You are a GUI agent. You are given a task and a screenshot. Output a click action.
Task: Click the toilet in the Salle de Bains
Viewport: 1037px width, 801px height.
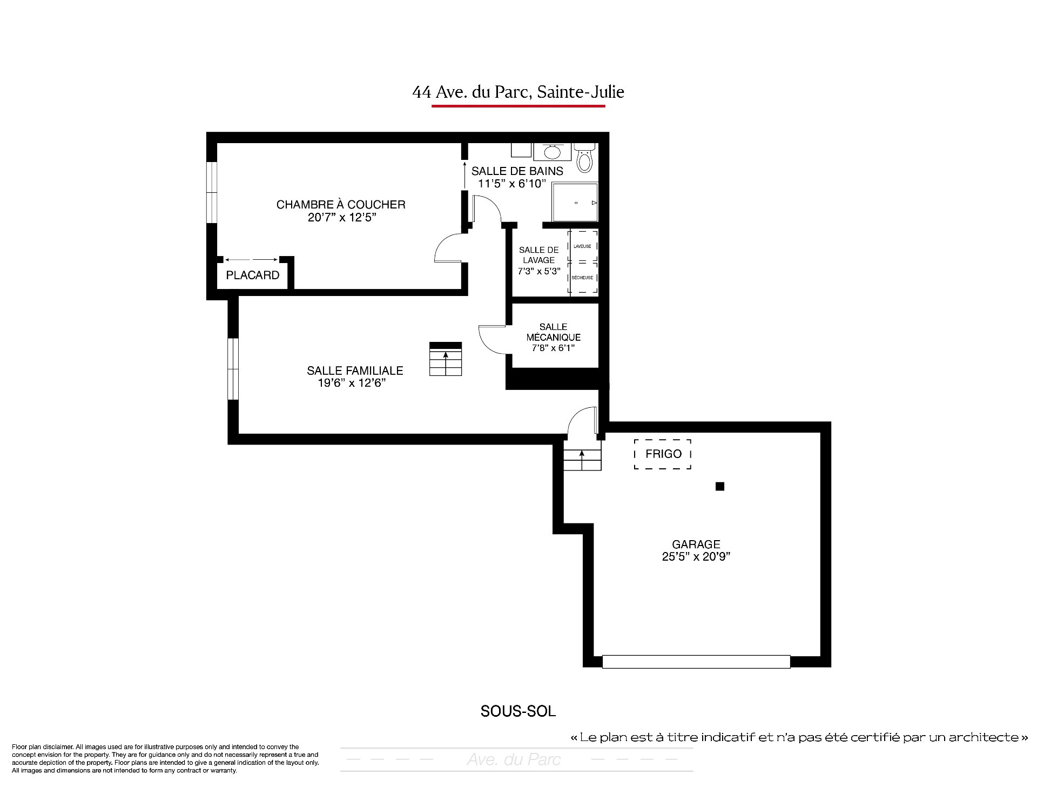coord(584,157)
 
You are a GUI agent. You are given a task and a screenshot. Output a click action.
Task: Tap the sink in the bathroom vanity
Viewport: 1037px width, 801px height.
coord(552,152)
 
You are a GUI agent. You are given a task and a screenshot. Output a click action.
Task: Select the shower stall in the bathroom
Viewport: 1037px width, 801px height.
coord(575,202)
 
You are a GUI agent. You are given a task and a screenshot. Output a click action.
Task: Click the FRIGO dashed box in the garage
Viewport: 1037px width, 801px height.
coord(663,454)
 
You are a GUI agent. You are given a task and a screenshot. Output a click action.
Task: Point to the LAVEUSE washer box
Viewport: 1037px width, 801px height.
coord(583,246)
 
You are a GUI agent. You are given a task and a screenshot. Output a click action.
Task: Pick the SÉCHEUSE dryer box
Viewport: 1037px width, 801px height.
coord(583,278)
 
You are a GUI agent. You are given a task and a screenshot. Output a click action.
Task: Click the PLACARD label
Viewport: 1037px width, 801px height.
coord(253,275)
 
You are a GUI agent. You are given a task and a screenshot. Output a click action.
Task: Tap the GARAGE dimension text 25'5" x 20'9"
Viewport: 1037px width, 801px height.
coord(696,557)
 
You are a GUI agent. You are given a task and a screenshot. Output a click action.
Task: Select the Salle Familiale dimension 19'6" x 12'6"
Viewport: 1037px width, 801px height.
coord(352,383)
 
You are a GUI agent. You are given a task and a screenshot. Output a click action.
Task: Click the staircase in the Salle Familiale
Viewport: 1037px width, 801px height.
coord(446,359)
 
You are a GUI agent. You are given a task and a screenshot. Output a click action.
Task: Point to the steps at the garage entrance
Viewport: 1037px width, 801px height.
coord(582,460)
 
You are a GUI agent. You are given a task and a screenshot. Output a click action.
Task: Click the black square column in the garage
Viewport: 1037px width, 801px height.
coord(719,486)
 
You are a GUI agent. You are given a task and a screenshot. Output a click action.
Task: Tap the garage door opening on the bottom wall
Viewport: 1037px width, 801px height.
coord(696,662)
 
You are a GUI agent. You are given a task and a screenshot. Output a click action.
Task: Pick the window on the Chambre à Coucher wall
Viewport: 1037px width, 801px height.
coord(212,192)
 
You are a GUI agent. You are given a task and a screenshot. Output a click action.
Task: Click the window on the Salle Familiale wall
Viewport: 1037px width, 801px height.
coord(233,369)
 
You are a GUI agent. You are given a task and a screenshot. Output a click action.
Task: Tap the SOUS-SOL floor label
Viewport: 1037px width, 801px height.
coord(518,711)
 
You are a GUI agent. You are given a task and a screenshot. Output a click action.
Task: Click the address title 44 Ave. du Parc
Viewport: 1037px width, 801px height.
coord(518,92)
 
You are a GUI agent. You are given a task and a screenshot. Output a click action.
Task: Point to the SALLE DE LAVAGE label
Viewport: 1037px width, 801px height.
coord(539,255)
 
